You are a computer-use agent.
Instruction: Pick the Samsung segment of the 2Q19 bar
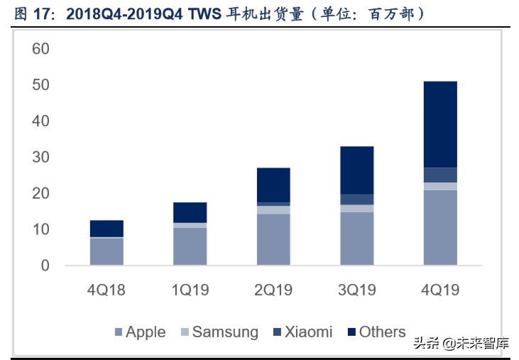pos(273,209)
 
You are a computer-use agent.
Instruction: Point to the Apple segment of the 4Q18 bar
pos(106,251)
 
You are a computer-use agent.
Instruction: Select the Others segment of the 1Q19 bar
pos(190,212)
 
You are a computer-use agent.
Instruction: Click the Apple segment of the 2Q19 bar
pos(273,239)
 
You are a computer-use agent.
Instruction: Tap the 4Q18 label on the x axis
pos(106,290)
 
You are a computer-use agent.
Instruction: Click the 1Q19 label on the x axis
pos(190,290)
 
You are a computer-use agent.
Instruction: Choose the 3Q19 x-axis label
pos(357,290)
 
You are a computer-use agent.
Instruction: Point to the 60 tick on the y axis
pos(40,49)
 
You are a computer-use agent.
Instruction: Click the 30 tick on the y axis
pos(40,157)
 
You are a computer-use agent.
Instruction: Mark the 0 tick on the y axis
pos(45,266)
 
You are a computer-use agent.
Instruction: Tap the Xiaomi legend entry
pos(301,332)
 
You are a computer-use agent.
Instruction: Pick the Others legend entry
pos(376,332)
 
